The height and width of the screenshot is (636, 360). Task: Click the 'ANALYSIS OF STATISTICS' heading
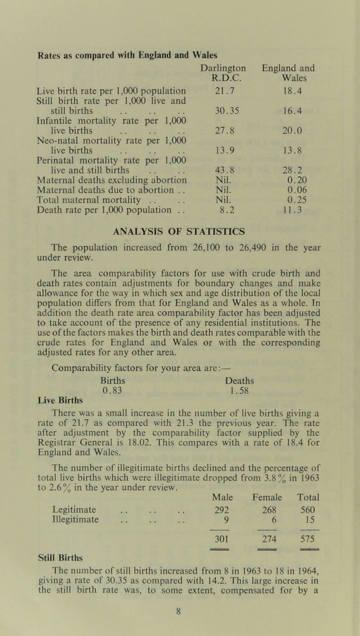click(180, 232)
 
